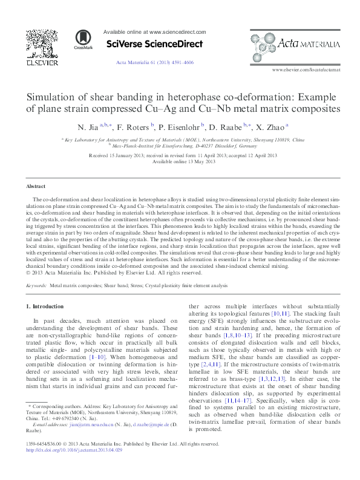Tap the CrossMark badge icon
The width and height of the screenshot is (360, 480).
pyautogui.click(x=80, y=39)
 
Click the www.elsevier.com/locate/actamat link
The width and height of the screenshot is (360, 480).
pyautogui.click(x=306, y=70)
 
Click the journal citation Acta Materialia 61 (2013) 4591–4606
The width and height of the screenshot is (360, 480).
pyautogui.click(x=155, y=63)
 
